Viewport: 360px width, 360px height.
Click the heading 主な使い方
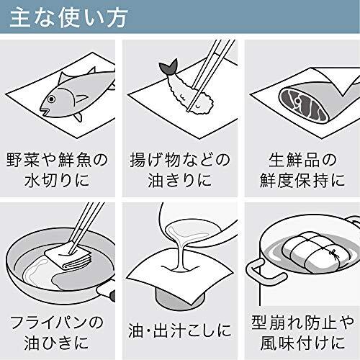(68, 17)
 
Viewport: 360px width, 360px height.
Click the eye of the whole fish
(51, 99)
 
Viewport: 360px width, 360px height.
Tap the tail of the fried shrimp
(169, 67)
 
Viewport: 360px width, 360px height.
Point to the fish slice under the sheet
(305, 105)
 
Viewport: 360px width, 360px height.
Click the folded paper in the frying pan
(68, 256)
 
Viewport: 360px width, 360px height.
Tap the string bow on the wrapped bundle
(333, 253)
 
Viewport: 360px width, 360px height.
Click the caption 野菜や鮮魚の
(57, 160)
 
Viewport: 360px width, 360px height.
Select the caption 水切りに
(57, 180)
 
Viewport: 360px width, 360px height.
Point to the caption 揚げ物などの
(180, 160)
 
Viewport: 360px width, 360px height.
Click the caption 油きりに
(180, 180)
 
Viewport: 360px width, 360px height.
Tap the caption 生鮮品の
(302, 160)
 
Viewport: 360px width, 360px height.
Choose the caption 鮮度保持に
(302, 180)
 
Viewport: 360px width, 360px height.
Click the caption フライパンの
(57, 323)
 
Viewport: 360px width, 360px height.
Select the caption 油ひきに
(57, 343)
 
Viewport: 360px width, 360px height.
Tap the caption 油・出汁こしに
(180, 330)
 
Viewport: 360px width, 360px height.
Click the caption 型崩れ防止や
(303, 323)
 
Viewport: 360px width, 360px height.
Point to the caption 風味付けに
(303, 343)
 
